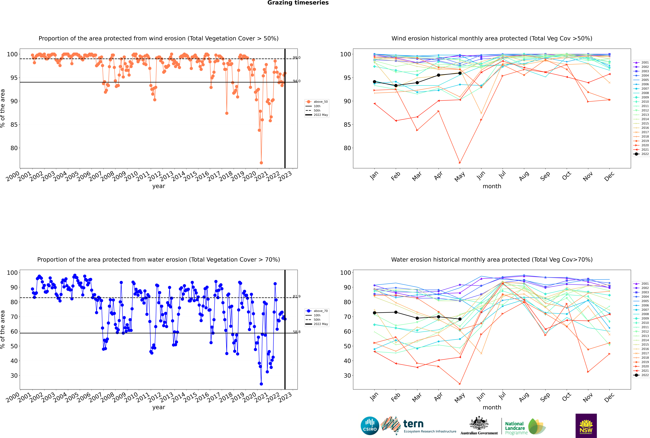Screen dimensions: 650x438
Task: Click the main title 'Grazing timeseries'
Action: click(x=298, y=3)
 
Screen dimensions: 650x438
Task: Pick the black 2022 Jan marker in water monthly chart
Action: click(x=374, y=313)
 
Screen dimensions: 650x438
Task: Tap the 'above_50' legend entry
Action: click(x=317, y=102)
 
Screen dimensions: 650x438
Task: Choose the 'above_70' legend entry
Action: click(x=317, y=311)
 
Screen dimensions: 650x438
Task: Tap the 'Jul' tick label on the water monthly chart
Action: click(x=502, y=396)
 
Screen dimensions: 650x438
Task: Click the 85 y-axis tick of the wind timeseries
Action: click(x=14, y=125)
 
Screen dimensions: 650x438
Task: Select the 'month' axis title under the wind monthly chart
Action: click(x=492, y=186)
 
